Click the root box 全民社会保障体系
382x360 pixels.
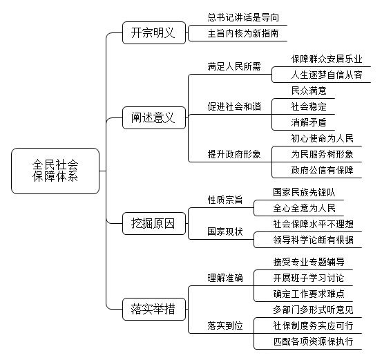[x=55, y=171]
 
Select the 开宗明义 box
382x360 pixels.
[x=154, y=32]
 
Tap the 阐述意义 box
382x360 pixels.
[x=154, y=117]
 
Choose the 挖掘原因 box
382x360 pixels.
[x=154, y=223]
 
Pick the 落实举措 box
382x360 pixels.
[x=154, y=309]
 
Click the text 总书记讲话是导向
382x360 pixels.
[x=243, y=17]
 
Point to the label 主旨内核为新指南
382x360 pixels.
[x=243, y=33]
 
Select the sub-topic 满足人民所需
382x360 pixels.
[x=234, y=66]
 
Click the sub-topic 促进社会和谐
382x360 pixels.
[x=234, y=106]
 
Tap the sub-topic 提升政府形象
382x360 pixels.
[x=234, y=154]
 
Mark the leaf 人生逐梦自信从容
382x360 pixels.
[x=327, y=75]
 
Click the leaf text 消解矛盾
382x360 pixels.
[x=309, y=122]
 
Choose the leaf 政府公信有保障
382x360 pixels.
[x=322, y=170]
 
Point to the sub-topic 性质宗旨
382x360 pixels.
[x=225, y=200]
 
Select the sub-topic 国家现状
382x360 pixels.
[x=225, y=231]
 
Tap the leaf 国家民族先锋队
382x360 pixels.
[x=304, y=192]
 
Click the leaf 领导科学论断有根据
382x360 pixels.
[x=313, y=240]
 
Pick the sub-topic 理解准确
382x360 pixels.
[x=225, y=278]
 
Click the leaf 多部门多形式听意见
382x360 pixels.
[x=313, y=310]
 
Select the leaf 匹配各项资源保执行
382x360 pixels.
[x=313, y=341]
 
